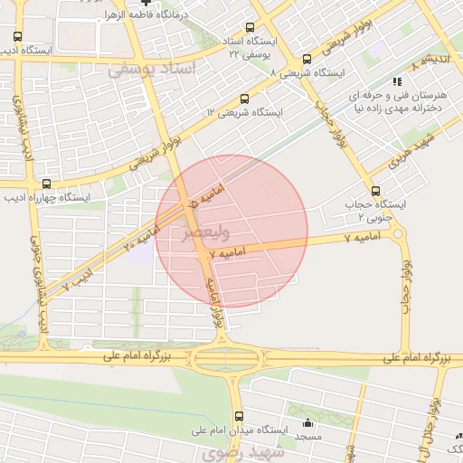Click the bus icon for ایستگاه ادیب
tap(18, 37)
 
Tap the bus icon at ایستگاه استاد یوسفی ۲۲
tap(253, 27)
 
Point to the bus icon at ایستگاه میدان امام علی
tap(239, 417)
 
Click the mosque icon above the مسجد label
tap(307, 422)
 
